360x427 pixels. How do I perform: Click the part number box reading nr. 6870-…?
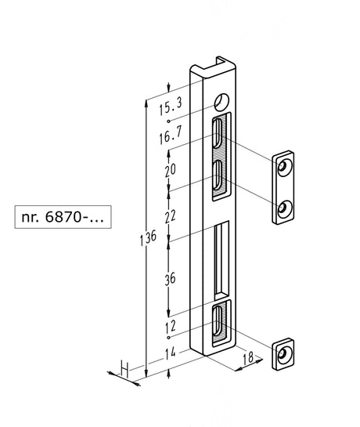pyautogui.click(x=63, y=217)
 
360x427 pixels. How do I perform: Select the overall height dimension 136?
pyautogui.click(x=148, y=237)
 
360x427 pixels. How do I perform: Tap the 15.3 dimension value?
pyautogui.click(x=171, y=107)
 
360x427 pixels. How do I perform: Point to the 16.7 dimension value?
pyautogui.click(x=171, y=135)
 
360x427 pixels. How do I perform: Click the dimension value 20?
pyautogui.click(x=171, y=170)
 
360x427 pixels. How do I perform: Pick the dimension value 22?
pyautogui.click(x=171, y=217)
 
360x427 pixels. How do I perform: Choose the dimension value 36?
pyautogui.click(x=171, y=279)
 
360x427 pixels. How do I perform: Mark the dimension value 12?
pyautogui.click(x=171, y=326)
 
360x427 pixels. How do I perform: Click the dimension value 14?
pyautogui.click(x=171, y=353)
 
